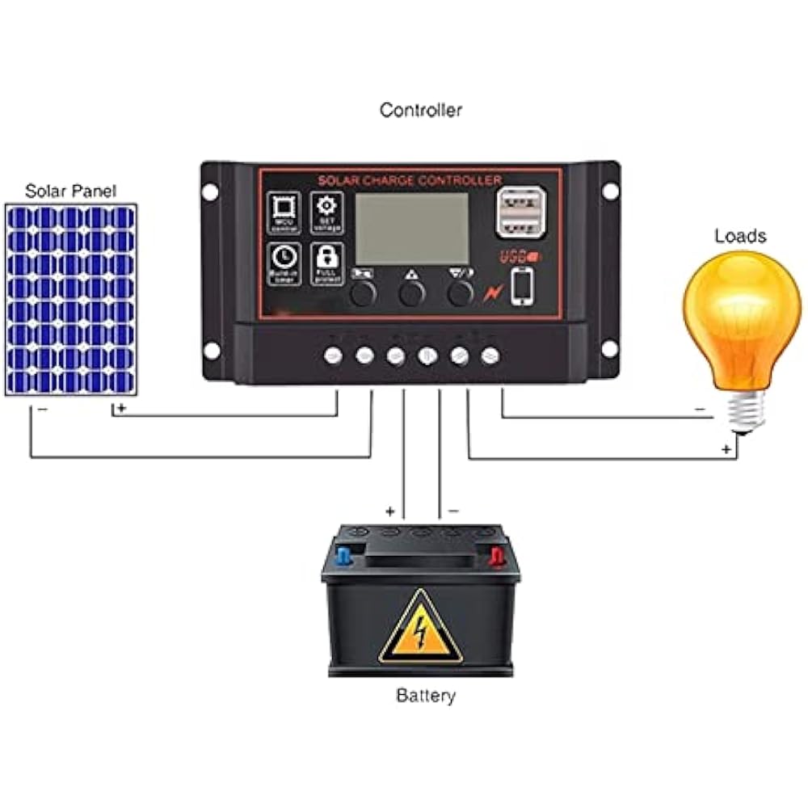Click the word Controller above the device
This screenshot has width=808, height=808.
click(421, 110)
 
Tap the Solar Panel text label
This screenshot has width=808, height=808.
click(70, 191)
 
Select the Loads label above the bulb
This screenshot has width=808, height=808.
click(739, 236)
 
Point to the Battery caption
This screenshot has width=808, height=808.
click(426, 695)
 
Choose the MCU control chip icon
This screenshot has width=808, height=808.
click(284, 213)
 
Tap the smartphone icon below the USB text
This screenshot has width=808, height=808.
click(522, 285)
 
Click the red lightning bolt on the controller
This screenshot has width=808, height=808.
click(490, 293)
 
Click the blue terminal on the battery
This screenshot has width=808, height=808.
click(345, 556)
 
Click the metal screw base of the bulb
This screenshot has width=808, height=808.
click(744, 412)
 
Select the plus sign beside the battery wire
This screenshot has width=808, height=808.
click(390, 511)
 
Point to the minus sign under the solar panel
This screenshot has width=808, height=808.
click(42, 410)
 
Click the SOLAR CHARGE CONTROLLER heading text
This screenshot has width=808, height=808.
click(410, 179)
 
